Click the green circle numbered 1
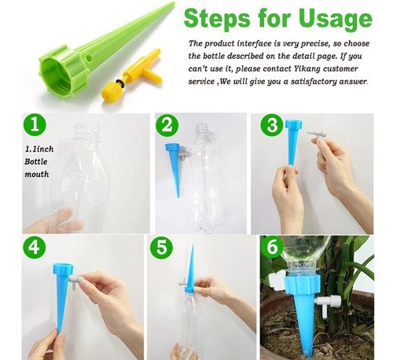tap(35, 124)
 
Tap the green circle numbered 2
tap(167, 125)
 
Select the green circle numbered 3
tap(272, 125)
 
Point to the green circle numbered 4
tap(34, 247)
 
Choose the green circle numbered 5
tap(161, 247)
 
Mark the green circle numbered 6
tap(272, 247)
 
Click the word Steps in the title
tap(217, 18)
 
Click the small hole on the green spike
tap(89, 57)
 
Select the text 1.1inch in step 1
tap(39, 149)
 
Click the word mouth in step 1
tap(37, 174)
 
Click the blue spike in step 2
tap(173, 167)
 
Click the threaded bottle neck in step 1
tap(87, 132)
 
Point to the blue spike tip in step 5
tap(193, 246)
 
